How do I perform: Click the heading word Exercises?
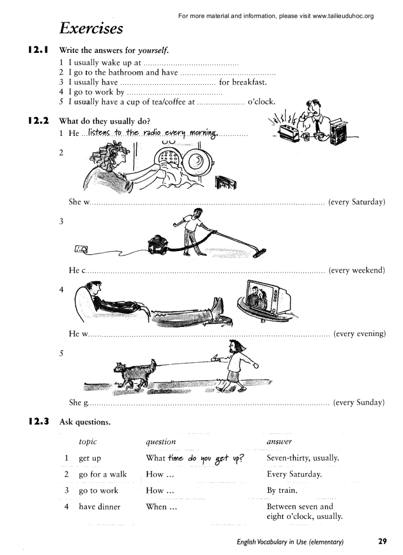pyautogui.click(x=91, y=28)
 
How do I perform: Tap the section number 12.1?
pyautogui.click(x=38, y=50)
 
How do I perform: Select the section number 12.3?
pyautogui.click(x=38, y=422)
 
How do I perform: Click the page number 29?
pyautogui.click(x=382, y=541)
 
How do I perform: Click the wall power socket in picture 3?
pyautogui.click(x=81, y=251)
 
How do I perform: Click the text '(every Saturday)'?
pyautogui.click(x=356, y=202)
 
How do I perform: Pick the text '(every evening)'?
pyautogui.click(x=359, y=334)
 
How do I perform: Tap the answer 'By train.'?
pyautogui.click(x=282, y=491)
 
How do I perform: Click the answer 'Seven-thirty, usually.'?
pyautogui.click(x=303, y=458)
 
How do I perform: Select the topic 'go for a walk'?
pyautogui.click(x=103, y=474)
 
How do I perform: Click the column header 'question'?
pyautogui.click(x=161, y=442)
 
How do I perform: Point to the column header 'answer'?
pyautogui.click(x=279, y=442)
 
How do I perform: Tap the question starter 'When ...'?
pyautogui.click(x=161, y=507)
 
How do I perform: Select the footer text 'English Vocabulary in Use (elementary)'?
pyautogui.click(x=290, y=542)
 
